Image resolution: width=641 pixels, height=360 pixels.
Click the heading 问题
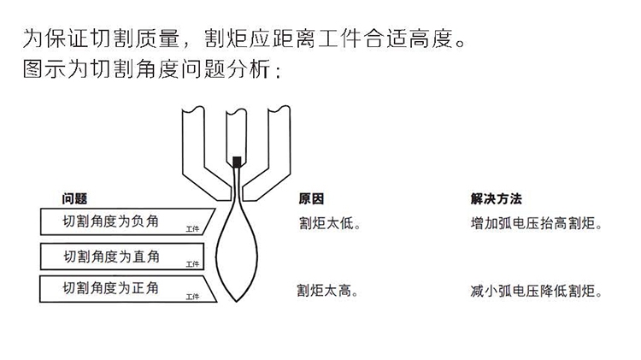(74, 198)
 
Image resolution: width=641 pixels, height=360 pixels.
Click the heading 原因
(310, 198)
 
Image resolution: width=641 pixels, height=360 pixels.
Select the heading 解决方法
(496, 198)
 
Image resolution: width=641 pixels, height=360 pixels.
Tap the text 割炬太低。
(328, 225)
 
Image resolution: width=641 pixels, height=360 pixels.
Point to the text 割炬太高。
(328, 291)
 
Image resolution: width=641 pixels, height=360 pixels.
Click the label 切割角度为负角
(110, 221)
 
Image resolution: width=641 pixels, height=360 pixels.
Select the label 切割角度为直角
(110, 255)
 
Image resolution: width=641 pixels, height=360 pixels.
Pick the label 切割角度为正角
(110, 287)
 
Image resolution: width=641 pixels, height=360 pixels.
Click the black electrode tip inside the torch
(238, 160)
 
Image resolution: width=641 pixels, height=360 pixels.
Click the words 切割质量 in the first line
(143, 39)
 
